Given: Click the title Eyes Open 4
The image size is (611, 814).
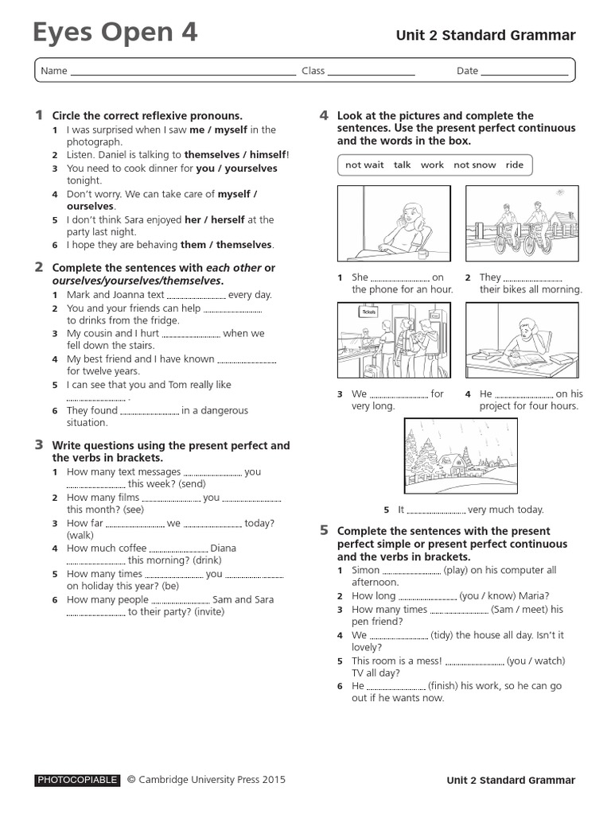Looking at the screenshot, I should pyautogui.click(x=115, y=33).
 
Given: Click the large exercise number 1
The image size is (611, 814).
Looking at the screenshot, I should pyautogui.click(x=38, y=115).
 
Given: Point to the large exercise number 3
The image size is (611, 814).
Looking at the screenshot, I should pyautogui.click(x=38, y=445).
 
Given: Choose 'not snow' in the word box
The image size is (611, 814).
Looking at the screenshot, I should pyautogui.click(x=474, y=165).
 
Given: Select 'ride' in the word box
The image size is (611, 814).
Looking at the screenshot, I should pyautogui.click(x=514, y=165).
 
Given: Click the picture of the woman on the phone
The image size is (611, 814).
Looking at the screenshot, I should pyautogui.click(x=394, y=223).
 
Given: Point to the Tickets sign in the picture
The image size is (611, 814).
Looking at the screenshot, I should pyautogui.click(x=368, y=312).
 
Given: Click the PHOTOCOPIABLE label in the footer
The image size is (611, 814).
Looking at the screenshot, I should pyautogui.click(x=77, y=781).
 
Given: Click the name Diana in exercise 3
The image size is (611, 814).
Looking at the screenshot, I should pyautogui.click(x=224, y=548).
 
